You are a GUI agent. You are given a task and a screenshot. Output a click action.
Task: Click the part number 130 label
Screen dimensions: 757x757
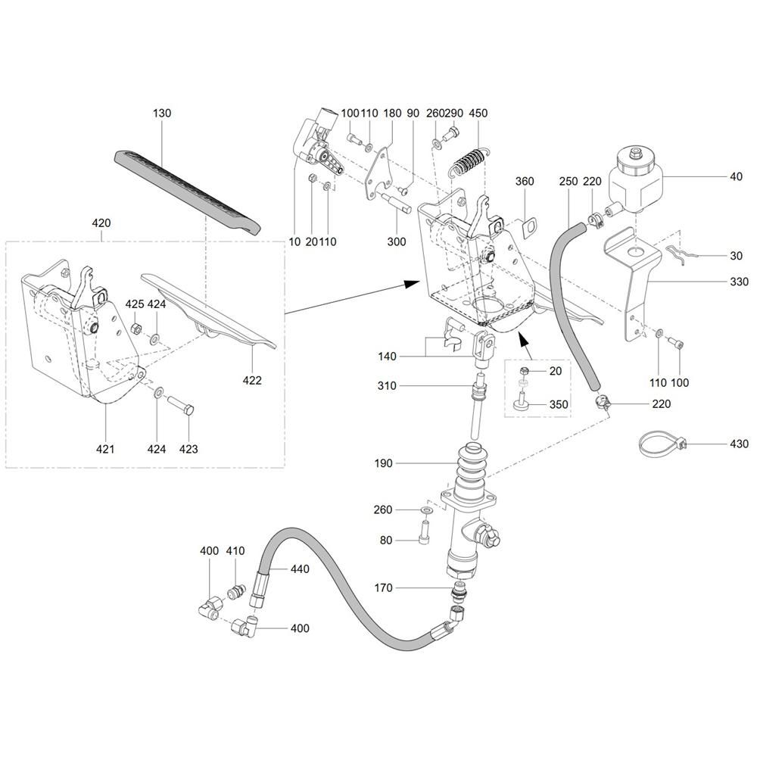[162, 113]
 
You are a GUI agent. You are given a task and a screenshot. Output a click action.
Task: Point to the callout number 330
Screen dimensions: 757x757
[739, 282]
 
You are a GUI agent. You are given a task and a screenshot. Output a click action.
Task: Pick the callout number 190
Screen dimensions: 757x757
[383, 463]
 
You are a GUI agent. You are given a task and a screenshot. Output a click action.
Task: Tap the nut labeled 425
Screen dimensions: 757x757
[136, 329]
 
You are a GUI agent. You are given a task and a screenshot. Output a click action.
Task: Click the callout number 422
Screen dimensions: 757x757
[252, 381]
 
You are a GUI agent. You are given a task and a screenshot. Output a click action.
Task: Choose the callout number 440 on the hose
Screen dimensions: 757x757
[300, 569]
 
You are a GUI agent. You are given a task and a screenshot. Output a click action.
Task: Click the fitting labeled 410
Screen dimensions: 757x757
[235, 591]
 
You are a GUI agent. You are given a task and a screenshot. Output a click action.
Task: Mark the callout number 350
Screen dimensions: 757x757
[559, 404]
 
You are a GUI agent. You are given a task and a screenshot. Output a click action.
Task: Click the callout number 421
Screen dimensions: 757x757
[105, 449]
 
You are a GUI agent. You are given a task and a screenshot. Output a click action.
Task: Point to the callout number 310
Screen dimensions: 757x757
[387, 386]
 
